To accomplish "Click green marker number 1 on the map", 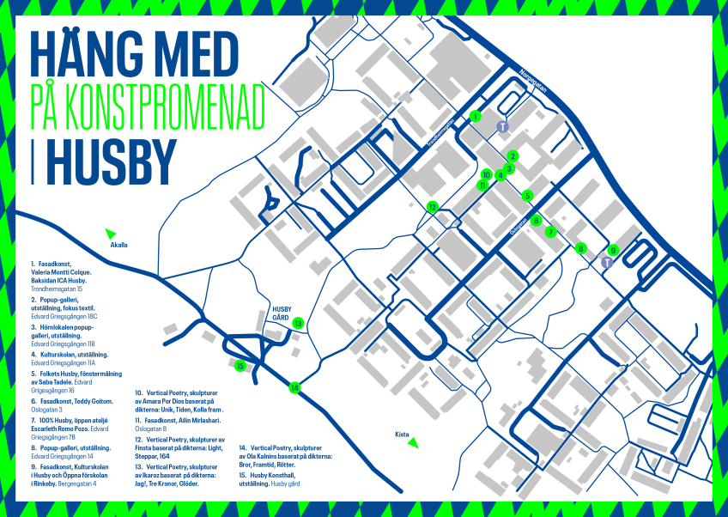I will (476, 116).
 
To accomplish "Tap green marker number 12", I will (433, 206).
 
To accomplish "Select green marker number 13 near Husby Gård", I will (298, 323).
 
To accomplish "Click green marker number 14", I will (295, 387).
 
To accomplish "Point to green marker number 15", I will (240, 366).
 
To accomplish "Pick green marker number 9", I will (612, 250).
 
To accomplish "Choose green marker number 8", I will (581, 249).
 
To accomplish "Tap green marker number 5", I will (528, 196).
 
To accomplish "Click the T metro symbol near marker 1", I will (504, 126).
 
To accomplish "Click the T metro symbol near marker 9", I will (606, 262).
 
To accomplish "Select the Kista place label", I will (402, 434).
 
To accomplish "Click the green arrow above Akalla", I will (110, 233).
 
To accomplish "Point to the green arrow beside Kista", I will (413, 443).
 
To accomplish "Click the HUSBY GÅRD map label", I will (284, 312).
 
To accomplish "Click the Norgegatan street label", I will (533, 86).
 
